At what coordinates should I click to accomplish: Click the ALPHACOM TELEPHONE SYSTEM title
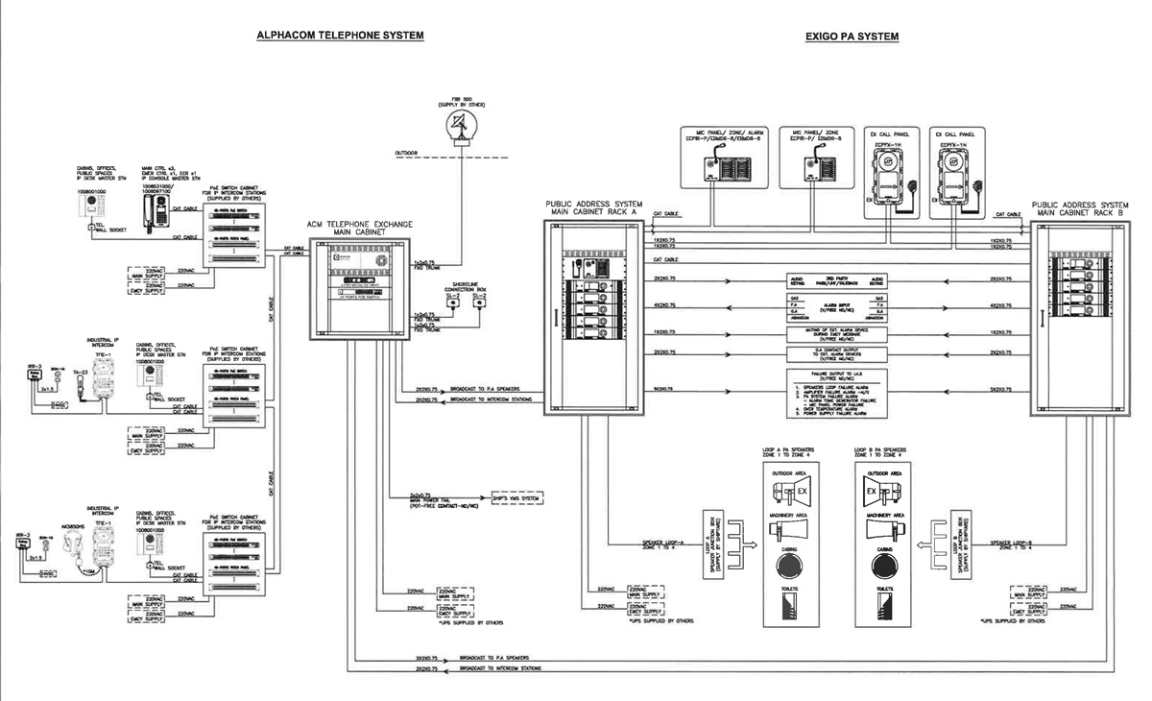pyautogui.click(x=339, y=36)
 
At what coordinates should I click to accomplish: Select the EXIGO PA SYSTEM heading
pyautogui.click(x=852, y=36)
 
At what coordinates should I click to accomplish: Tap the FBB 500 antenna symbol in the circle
pyautogui.click(x=462, y=122)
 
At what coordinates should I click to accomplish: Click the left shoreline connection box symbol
pyautogui.click(x=453, y=303)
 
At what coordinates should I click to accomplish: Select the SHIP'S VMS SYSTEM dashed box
pyautogui.click(x=516, y=498)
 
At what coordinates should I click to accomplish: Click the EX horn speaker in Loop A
pyautogui.click(x=790, y=493)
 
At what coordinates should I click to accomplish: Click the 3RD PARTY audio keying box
pyautogui.click(x=834, y=282)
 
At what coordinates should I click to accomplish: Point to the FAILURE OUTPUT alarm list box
pyautogui.click(x=834, y=396)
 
